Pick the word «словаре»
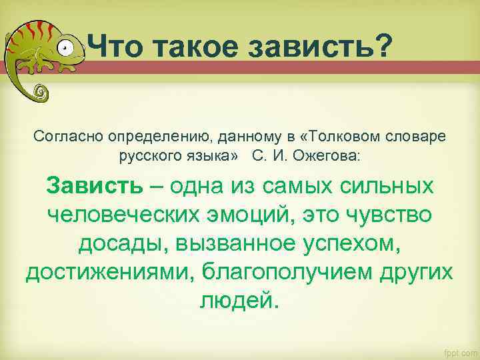416,136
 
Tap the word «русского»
149,156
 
